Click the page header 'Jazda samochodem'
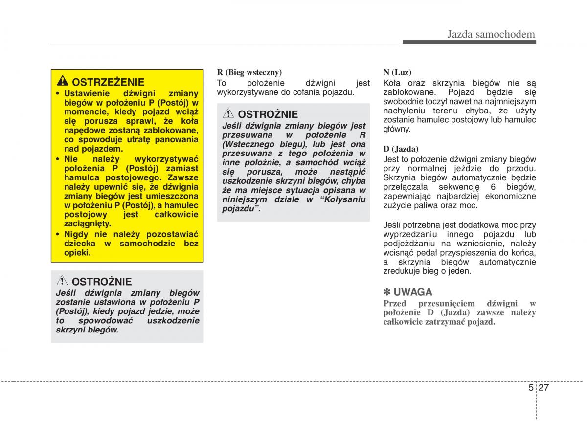click(x=491, y=34)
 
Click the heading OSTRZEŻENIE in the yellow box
click(x=108, y=82)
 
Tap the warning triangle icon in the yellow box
click(x=63, y=82)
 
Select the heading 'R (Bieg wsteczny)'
click(x=249, y=72)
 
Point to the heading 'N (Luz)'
click(x=397, y=72)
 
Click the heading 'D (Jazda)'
click(x=401, y=148)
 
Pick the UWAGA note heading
click(x=413, y=292)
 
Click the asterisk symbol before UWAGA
click(x=387, y=292)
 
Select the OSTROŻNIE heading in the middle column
click(x=268, y=114)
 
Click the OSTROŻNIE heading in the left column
click(x=102, y=282)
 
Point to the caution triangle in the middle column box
click(x=228, y=114)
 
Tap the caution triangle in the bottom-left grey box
click(x=62, y=281)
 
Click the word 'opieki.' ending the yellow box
click(x=77, y=253)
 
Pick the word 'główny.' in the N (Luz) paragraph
click(x=397, y=129)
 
